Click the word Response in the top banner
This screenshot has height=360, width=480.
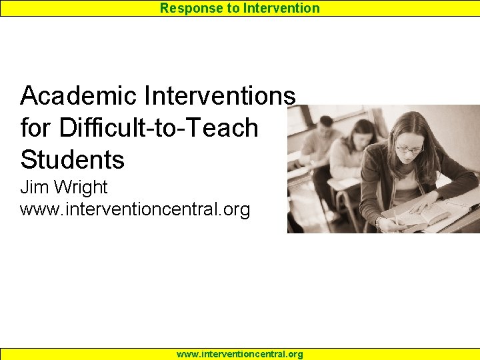tap(187, 8)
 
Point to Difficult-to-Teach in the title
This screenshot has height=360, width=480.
tap(159, 127)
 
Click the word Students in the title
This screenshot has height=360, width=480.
tap(72, 159)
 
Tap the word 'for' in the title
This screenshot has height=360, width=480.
tap(36, 127)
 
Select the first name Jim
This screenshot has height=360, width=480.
tap(35, 187)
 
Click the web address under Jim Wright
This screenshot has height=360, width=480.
tap(135, 209)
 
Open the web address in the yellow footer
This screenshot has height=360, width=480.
tap(239, 354)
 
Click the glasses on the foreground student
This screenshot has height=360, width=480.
tap(409, 149)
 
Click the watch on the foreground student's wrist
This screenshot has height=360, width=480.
tap(381, 220)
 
